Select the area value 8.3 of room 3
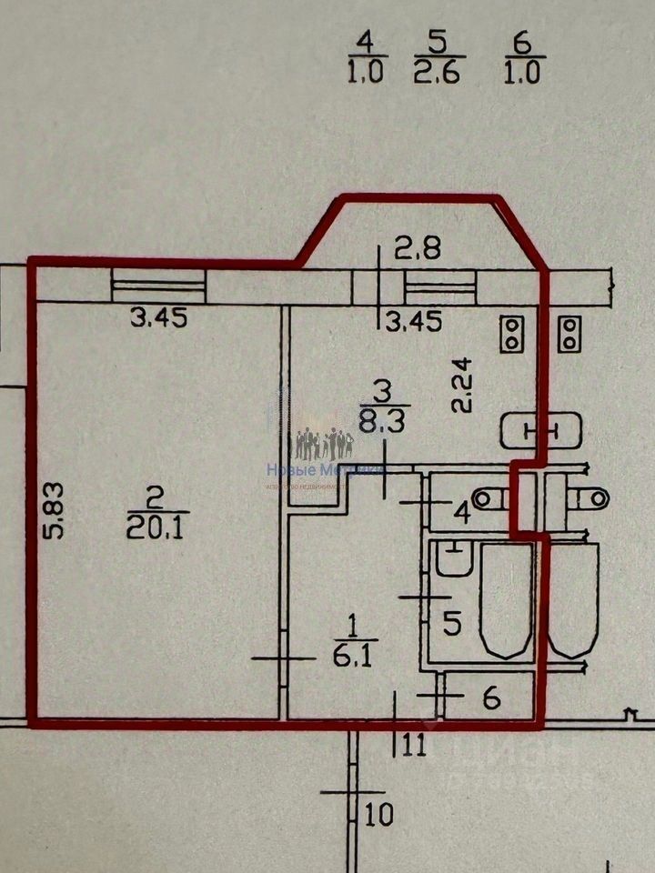[x=384, y=421]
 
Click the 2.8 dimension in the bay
[x=418, y=247]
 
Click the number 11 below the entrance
[x=414, y=746]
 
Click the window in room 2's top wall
[x=158, y=286]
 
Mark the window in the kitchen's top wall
[x=441, y=288]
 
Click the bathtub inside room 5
[x=505, y=600]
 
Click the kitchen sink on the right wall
[x=540, y=430]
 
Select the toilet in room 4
[x=493, y=497]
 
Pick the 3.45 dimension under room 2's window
[x=159, y=318]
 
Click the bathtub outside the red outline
[x=573, y=600]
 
